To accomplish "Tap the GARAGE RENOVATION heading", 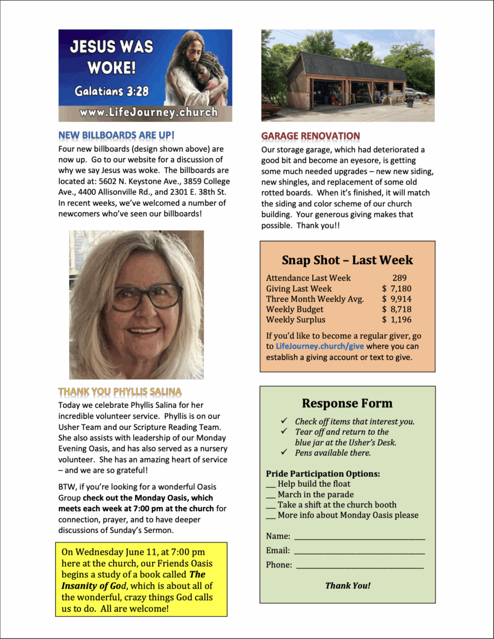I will coord(310,136).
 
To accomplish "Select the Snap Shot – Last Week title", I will coord(347,260).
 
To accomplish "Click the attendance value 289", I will coord(399,277).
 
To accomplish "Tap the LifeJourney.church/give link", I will coord(320,346).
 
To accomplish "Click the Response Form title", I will coord(347,404).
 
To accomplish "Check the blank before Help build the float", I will coord(270,484).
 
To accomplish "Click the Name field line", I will coord(359,537).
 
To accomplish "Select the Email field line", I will coord(359,551).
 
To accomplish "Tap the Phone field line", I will coord(360,566).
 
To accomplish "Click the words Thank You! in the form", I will coord(348,585).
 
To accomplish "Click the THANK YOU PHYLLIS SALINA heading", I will coord(120,392).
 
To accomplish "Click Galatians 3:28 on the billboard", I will coord(111,91).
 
